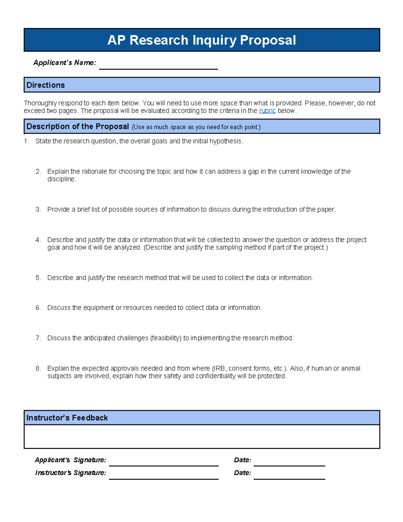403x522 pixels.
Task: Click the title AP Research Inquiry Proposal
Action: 201,40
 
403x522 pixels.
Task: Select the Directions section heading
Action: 46,85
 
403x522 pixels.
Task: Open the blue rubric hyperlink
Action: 267,111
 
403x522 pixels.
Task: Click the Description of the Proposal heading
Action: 78,127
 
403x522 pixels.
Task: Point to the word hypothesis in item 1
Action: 225,141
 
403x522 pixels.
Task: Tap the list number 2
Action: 38,171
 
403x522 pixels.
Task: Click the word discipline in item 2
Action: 61,179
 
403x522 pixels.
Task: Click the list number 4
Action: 38,240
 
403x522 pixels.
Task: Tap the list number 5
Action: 38,278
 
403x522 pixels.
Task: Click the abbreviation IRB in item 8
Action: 220,368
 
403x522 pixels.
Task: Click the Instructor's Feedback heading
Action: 67,418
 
